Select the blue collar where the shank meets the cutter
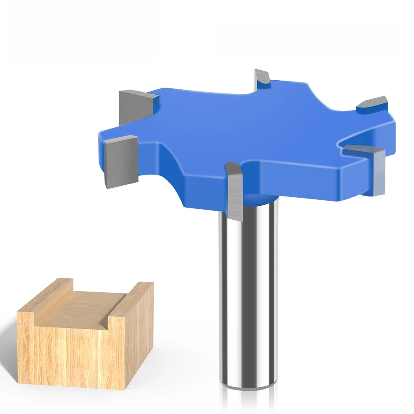coord(258,201)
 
